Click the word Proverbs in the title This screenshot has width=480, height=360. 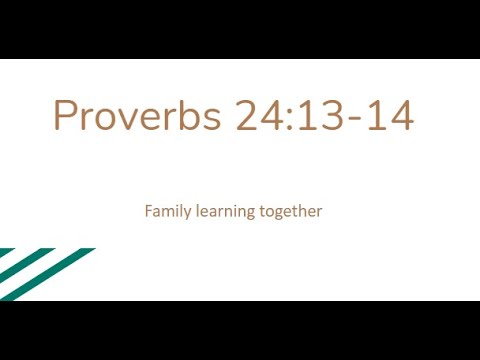(138, 116)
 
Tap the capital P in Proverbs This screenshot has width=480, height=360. (65, 116)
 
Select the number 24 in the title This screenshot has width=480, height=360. (262, 116)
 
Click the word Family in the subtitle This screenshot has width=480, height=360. (167, 212)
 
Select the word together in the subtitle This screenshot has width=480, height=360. (290, 212)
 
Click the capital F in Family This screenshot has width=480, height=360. (148, 211)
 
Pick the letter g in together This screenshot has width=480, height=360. (279, 214)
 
